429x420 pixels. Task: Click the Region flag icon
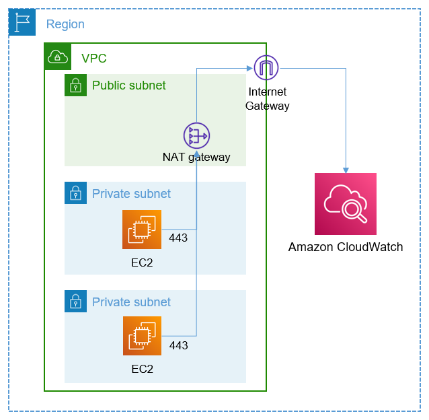coord(22,22)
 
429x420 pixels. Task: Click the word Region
coord(65,24)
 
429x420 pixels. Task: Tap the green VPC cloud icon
coord(57,57)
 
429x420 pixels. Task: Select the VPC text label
coord(94,59)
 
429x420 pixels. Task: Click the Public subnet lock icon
coord(76,85)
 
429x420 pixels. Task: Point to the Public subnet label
coord(129,85)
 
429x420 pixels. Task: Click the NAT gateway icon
coord(196,136)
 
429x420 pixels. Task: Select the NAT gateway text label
coord(196,157)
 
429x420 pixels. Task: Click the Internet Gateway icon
coord(266,68)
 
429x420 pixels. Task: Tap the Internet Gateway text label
coord(268,99)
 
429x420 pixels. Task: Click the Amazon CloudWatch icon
coord(346,204)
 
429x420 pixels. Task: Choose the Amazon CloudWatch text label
coord(346,247)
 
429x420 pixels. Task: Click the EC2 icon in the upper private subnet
coord(142,230)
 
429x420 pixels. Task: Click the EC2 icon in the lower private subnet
coord(142,335)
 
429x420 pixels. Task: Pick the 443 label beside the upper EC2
coord(178,238)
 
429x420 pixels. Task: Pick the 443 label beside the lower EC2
coord(178,345)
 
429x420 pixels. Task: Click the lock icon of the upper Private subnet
coord(76,193)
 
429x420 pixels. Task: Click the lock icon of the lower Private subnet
coord(76,302)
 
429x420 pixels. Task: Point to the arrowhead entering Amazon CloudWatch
coord(346,170)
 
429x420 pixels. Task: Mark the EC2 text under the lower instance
coord(142,369)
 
